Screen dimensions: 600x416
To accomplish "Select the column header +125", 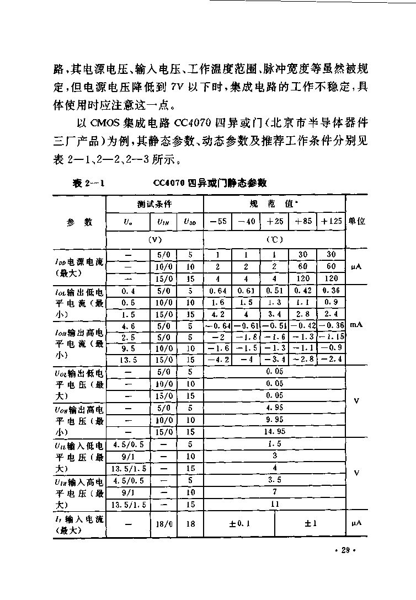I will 331,222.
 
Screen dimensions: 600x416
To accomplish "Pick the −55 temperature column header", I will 217,222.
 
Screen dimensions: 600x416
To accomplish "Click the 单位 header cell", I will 356,222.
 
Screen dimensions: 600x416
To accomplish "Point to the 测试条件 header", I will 154,203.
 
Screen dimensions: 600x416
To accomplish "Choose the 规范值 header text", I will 274,203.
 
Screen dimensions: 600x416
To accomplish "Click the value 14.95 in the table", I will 274,431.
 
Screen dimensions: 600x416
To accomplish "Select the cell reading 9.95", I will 274,419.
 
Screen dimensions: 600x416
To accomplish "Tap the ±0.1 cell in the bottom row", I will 239,524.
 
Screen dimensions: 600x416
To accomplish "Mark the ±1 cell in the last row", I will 310,524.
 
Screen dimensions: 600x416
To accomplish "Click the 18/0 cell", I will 163,524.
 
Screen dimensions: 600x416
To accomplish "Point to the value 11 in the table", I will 274,504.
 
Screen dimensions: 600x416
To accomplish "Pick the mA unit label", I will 356,325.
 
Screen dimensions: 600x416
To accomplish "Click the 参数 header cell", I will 79,222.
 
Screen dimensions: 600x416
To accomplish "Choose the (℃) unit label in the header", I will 274,240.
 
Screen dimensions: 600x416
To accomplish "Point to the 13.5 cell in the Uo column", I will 127,359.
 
